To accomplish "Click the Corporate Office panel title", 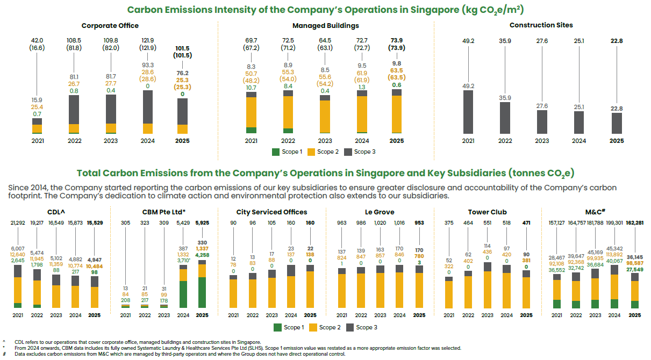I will (110, 25).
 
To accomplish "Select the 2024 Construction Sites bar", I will (578, 123).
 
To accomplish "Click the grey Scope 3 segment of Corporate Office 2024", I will (147, 106).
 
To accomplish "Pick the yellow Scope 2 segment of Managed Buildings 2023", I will (325, 116).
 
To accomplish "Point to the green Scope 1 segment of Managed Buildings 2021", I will (251, 130).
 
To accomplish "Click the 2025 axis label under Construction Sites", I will (616, 141).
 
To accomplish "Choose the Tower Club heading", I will (487, 212).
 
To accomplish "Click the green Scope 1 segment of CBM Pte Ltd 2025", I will (202, 292).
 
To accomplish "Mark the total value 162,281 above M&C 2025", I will (634, 222).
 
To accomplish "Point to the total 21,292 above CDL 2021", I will (18, 222).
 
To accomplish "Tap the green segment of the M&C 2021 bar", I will (556, 304).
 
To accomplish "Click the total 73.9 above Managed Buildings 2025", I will (396, 40).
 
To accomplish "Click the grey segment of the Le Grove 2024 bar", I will (400, 269).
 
